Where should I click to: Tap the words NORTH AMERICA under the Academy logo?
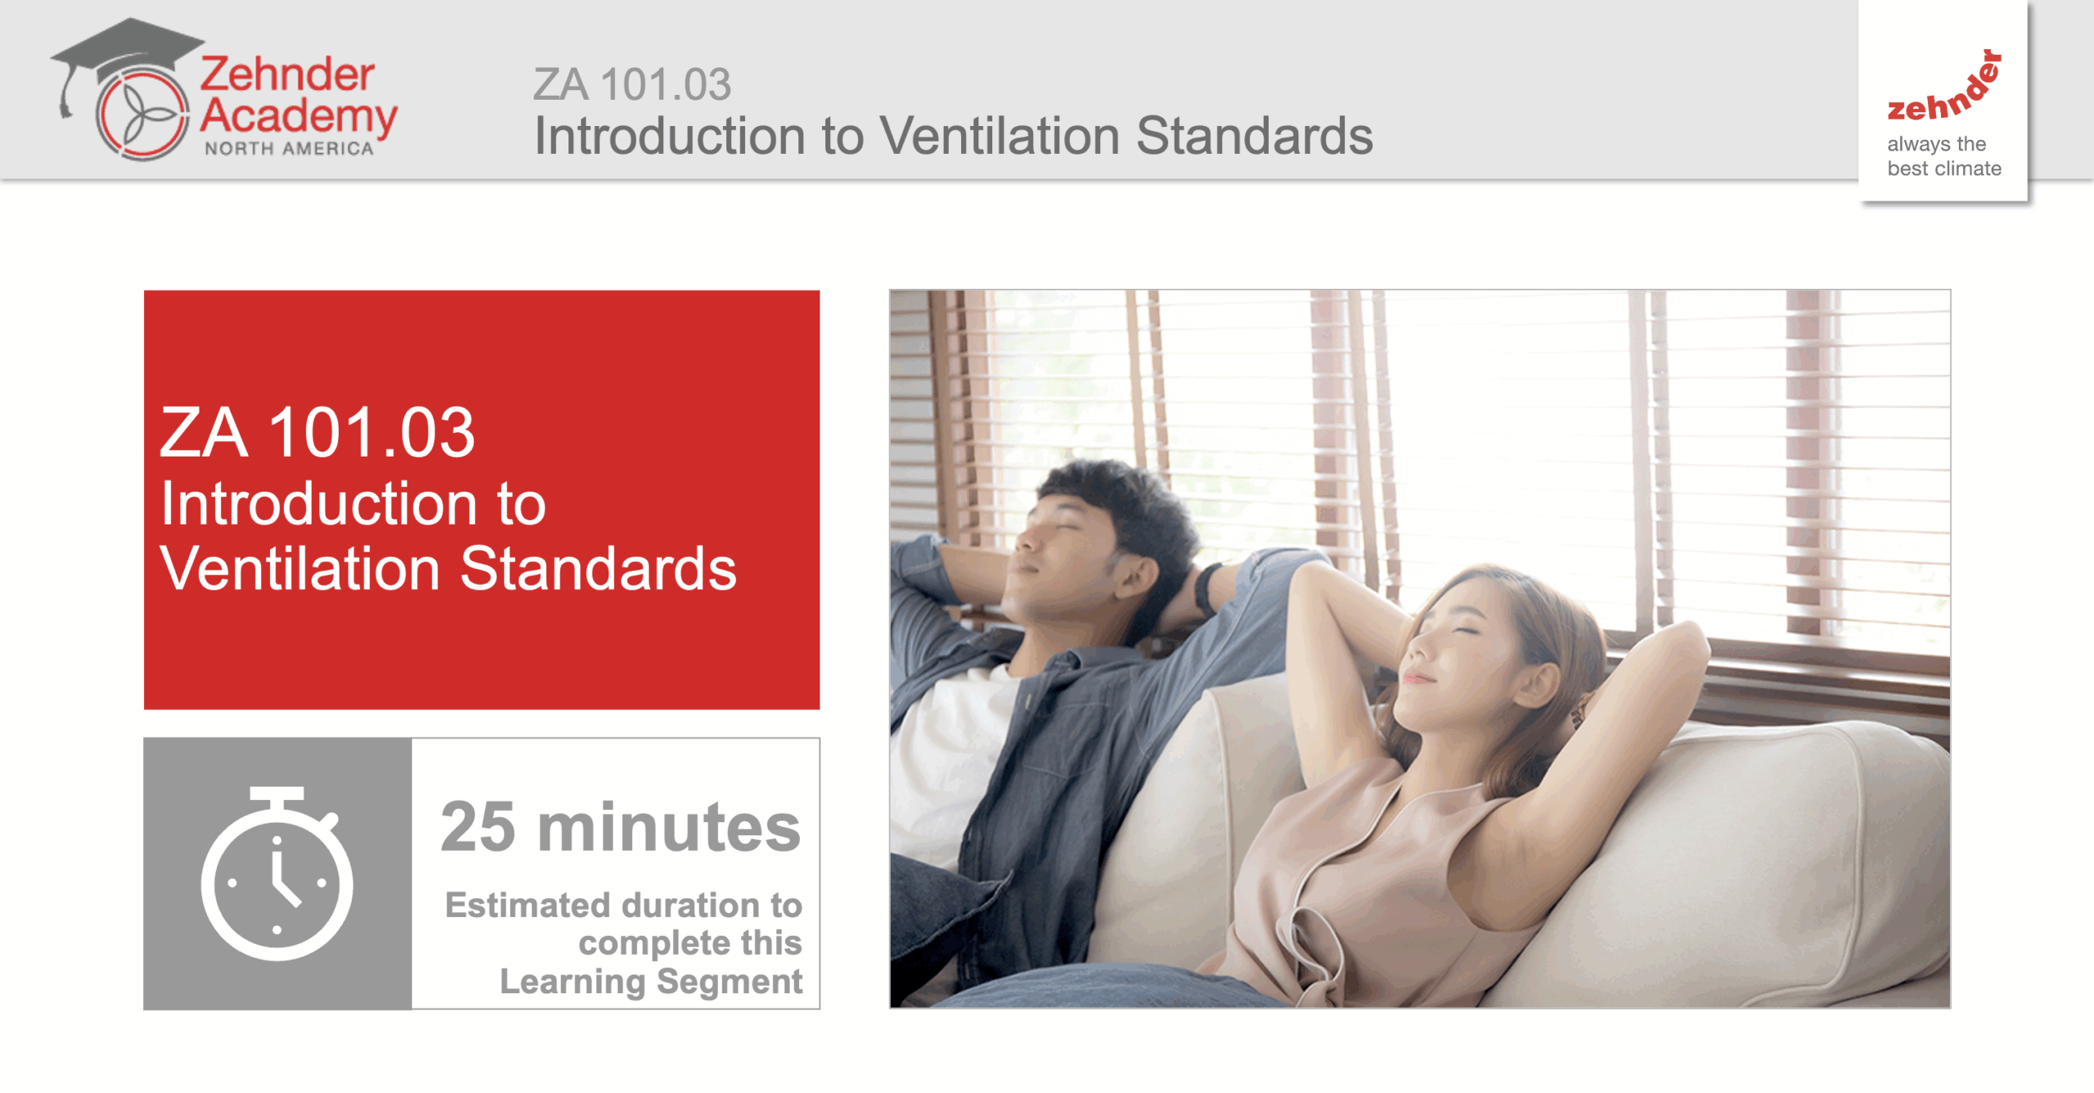pos(289,149)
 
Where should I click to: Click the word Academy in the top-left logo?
pos(299,117)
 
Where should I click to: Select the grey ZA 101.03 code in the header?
pos(632,84)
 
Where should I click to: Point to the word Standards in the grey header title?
pos(1255,135)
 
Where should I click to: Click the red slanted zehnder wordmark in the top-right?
pos(1943,86)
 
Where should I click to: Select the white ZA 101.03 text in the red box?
pos(317,433)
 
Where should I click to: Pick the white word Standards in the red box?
pos(598,569)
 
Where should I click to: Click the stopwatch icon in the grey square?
pos(276,873)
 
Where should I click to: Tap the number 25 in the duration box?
pos(479,827)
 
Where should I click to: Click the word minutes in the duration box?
pos(669,827)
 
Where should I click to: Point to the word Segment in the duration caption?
pos(730,981)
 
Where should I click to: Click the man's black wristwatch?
pos(1206,588)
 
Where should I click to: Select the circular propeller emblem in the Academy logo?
pos(143,114)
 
